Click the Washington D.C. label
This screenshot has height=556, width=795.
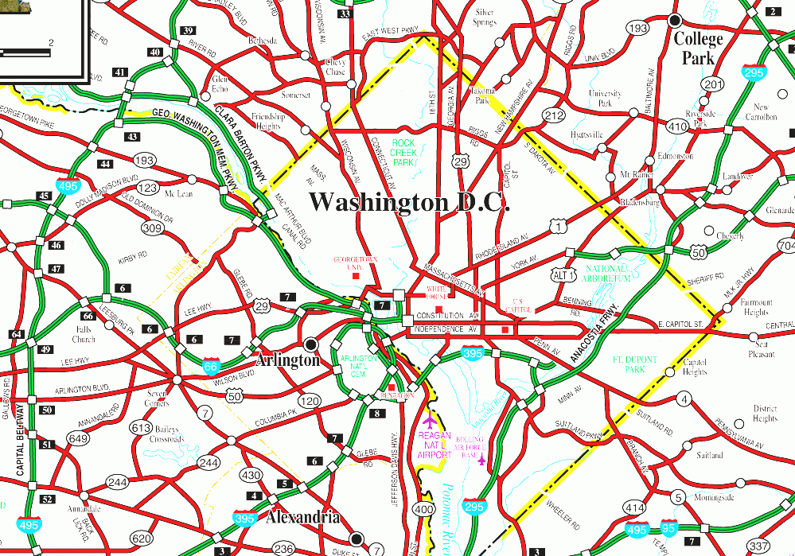coord(408,202)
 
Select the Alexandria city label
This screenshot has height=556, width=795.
coord(303,518)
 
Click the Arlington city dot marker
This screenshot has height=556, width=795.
coord(311,344)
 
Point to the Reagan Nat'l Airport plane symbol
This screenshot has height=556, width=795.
coord(431,419)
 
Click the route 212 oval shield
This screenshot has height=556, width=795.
coord(554,116)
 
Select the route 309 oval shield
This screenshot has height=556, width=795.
coord(152,228)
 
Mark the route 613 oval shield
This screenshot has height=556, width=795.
coord(141,428)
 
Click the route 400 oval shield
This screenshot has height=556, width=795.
coord(424,509)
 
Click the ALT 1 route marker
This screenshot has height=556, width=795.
coord(563,274)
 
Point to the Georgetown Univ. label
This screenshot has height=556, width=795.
coord(354,264)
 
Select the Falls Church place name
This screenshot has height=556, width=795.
coord(84,334)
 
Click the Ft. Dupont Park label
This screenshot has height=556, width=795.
coord(636,364)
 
